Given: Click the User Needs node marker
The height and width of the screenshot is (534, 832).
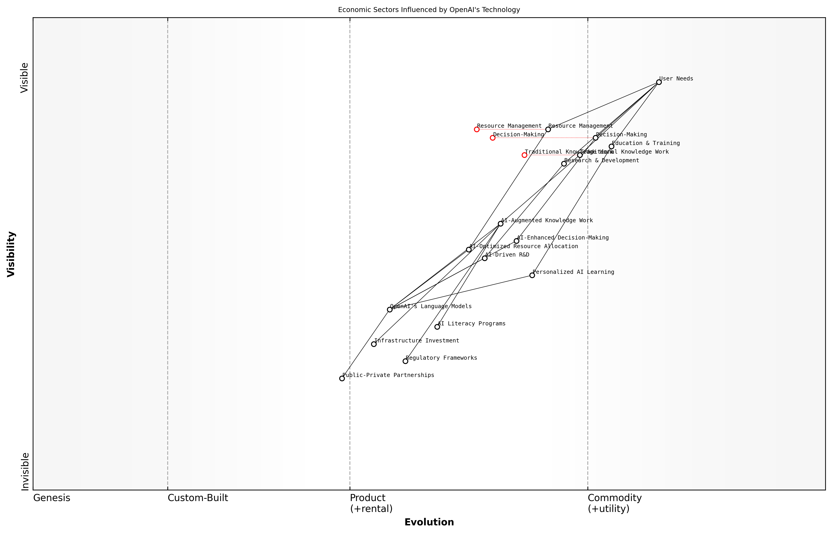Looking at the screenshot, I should pyautogui.click(x=659, y=82).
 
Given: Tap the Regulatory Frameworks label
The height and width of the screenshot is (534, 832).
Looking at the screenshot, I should pyautogui.click(x=441, y=358).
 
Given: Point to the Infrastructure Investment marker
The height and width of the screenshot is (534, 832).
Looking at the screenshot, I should pyautogui.click(x=374, y=344).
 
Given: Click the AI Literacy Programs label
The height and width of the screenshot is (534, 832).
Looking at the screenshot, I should pyautogui.click(x=471, y=324).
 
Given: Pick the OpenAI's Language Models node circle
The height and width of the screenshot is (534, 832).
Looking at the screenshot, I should pyautogui.click(x=390, y=310).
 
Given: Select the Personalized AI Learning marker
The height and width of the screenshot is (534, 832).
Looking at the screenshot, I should pyautogui.click(x=532, y=275).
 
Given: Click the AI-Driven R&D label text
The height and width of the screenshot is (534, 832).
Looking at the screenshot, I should pyautogui.click(x=507, y=255).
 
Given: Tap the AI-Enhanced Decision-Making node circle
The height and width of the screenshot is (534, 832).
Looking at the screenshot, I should pyautogui.click(x=516, y=241).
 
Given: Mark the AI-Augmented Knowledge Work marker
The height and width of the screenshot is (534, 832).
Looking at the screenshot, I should pyautogui.click(x=501, y=224).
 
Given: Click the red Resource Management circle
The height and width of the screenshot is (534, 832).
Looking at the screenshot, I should pyautogui.click(x=477, y=129).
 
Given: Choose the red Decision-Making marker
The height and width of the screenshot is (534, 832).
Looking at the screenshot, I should pyautogui.click(x=493, y=138).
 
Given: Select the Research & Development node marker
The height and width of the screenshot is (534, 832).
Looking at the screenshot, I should pyautogui.click(x=564, y=164).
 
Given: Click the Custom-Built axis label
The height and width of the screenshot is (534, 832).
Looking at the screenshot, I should pyautogui.click(x=198, y=498).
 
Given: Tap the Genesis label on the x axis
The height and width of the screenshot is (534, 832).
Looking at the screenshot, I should pyautogui.click(x=52, y=498).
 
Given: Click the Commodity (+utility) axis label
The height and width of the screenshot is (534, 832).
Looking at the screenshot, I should pyautogui.click(x=614, y=503).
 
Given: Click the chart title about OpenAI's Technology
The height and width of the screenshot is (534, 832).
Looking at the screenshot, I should pyautogui.click(x=429, y=10).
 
